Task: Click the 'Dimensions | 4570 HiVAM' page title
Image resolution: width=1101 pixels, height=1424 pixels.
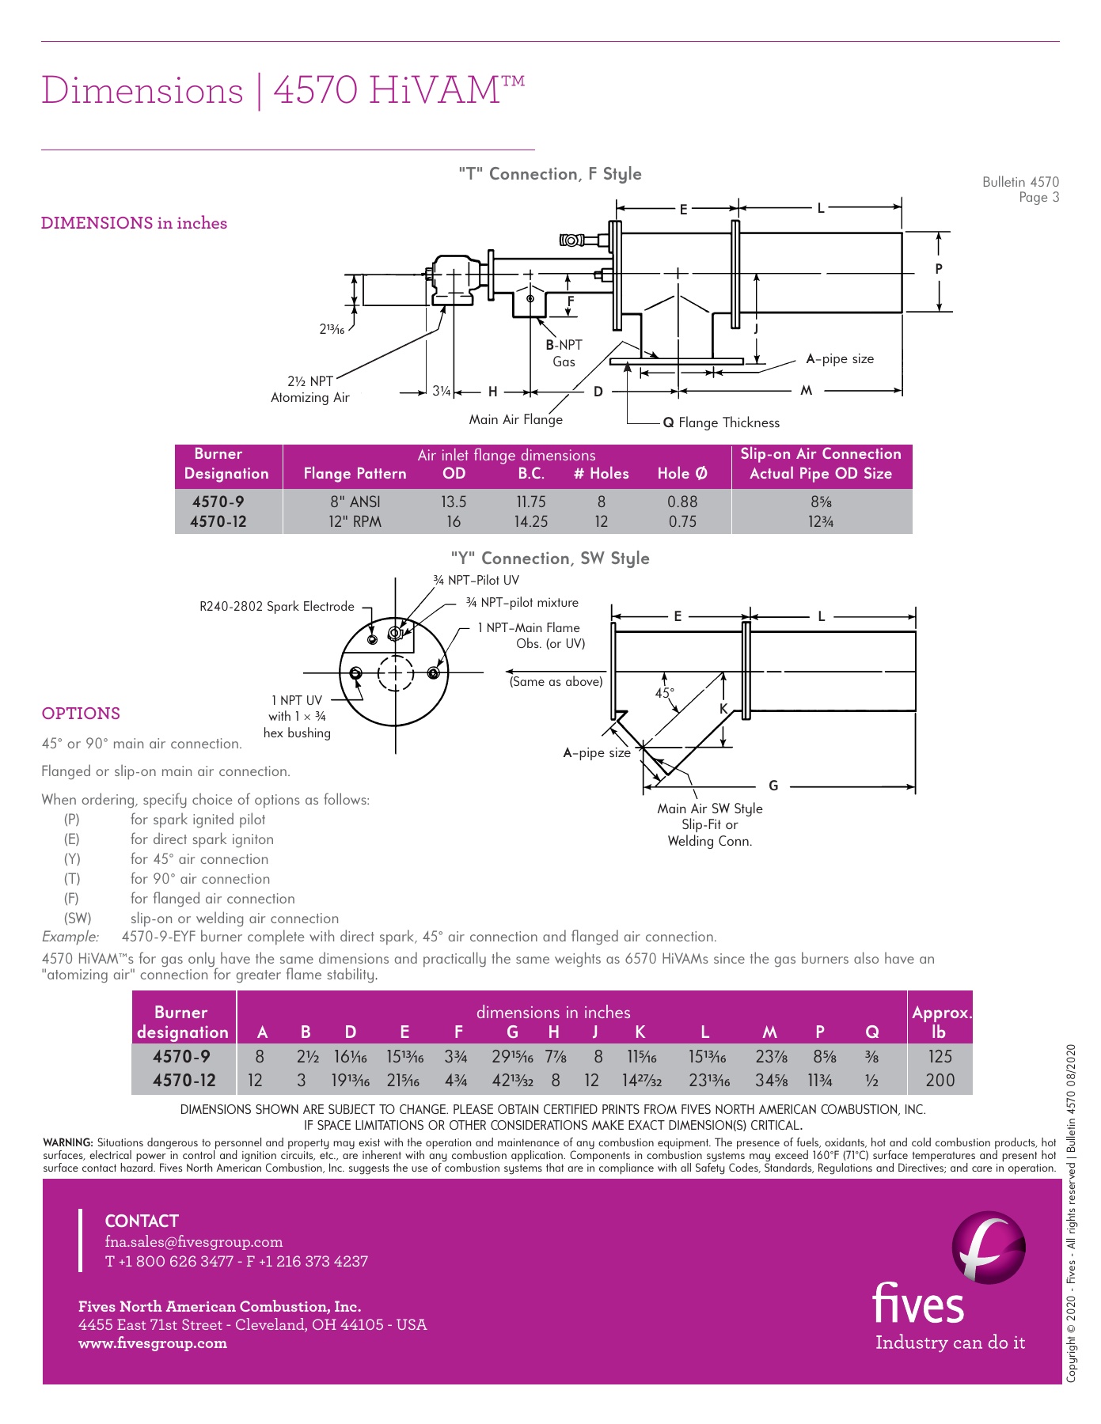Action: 283,90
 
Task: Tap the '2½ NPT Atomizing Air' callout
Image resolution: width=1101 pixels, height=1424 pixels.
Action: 310,389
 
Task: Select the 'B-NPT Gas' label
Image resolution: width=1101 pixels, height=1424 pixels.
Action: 564,353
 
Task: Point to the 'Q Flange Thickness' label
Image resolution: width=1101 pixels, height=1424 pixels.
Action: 721,422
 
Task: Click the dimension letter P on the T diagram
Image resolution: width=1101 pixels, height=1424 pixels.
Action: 939,269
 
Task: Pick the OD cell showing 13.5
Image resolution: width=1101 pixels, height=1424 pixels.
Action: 454,502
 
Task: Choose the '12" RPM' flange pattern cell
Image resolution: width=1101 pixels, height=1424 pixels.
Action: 355,521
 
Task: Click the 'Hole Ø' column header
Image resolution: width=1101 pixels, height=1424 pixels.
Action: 682,473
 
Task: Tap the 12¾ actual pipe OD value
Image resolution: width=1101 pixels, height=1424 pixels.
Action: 821,521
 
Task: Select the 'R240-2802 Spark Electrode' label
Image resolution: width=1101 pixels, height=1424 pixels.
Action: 277,606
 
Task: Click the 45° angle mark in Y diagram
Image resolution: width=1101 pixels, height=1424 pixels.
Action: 664,693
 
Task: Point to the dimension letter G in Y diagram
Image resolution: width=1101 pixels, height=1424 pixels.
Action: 773,786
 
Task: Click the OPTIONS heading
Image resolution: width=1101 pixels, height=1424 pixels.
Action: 81,713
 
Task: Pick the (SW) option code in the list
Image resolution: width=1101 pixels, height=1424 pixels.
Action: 78,918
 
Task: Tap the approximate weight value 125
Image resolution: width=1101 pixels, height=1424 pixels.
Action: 940,1056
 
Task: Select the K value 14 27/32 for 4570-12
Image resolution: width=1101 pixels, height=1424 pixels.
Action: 641,1080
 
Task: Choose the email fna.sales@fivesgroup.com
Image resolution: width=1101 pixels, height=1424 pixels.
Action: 194,1241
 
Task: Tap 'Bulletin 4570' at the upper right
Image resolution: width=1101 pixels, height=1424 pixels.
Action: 1020,182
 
